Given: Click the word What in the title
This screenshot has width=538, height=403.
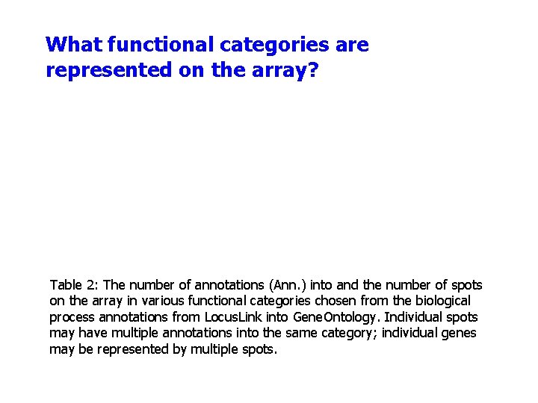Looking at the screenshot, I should pos(73,45).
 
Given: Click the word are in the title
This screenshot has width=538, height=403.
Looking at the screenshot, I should pos(352,45).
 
